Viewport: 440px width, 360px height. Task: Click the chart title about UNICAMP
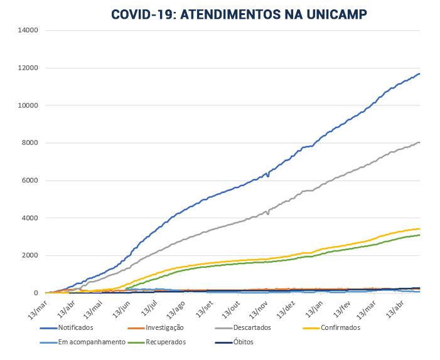pos(239,14)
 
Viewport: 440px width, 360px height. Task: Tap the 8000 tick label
pos(31,143)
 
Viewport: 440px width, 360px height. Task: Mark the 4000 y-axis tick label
pos(31,218)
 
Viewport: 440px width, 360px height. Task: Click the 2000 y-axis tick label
pos(31,256)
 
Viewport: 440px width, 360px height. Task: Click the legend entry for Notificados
pos(76,327)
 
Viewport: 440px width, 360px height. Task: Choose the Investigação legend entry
pos(164,327)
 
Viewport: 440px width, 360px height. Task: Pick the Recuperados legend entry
pos(166,342)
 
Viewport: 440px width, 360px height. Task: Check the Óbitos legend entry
pos(242,342)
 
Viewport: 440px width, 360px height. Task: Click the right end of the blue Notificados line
pos(419,74)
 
